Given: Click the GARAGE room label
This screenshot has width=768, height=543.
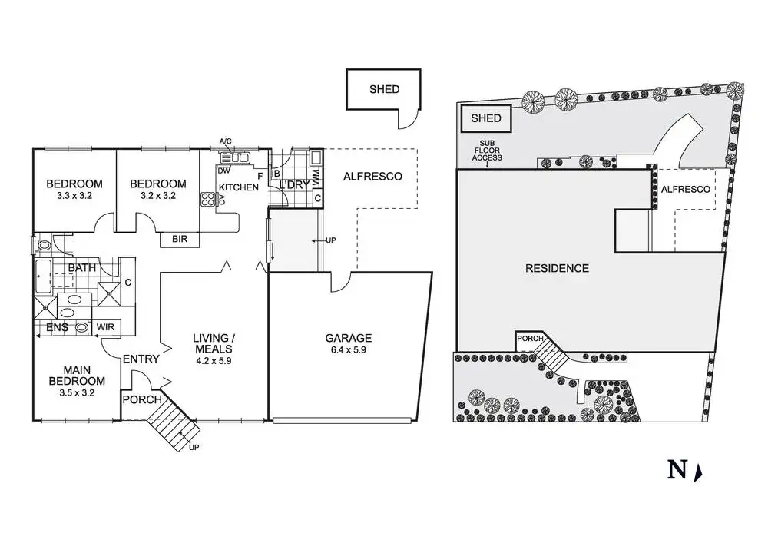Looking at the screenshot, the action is (x=348, y=338).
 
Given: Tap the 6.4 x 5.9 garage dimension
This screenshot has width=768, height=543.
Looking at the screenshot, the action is (x=348, y=350).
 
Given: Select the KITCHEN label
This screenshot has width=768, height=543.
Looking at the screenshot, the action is (x=239, y=187).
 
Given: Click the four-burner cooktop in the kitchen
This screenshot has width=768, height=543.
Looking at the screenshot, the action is (x=207, y=200).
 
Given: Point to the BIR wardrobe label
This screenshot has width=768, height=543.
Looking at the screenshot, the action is (x=179, y=239).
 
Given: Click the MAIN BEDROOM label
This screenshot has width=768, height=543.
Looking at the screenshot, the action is (x=77, y=376).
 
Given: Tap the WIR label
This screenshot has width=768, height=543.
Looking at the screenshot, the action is (x=105, y=326).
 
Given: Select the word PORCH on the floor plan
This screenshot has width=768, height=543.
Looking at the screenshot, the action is (x=142, y=399).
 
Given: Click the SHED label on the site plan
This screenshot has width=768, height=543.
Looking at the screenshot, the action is (x=486, y=118).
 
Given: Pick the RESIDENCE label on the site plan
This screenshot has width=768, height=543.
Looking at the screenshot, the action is (x=557, y=268).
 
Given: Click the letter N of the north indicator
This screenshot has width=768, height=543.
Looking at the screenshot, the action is (x=677, y=471).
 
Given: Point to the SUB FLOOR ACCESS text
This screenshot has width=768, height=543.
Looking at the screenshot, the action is (x=487, y=151).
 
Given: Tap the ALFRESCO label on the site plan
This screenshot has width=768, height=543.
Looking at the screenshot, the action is (x=685, y=190).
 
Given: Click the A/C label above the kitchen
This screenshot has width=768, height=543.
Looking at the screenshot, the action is (x=225, y=141).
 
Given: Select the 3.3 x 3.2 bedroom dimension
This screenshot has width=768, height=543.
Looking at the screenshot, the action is (x=74, y=196).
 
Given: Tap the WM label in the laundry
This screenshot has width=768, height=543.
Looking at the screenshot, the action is (x=316, y=177).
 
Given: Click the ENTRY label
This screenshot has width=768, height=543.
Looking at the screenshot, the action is (x=141, y=359).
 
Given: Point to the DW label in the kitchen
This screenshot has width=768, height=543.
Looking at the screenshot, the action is (x=223, y=171).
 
